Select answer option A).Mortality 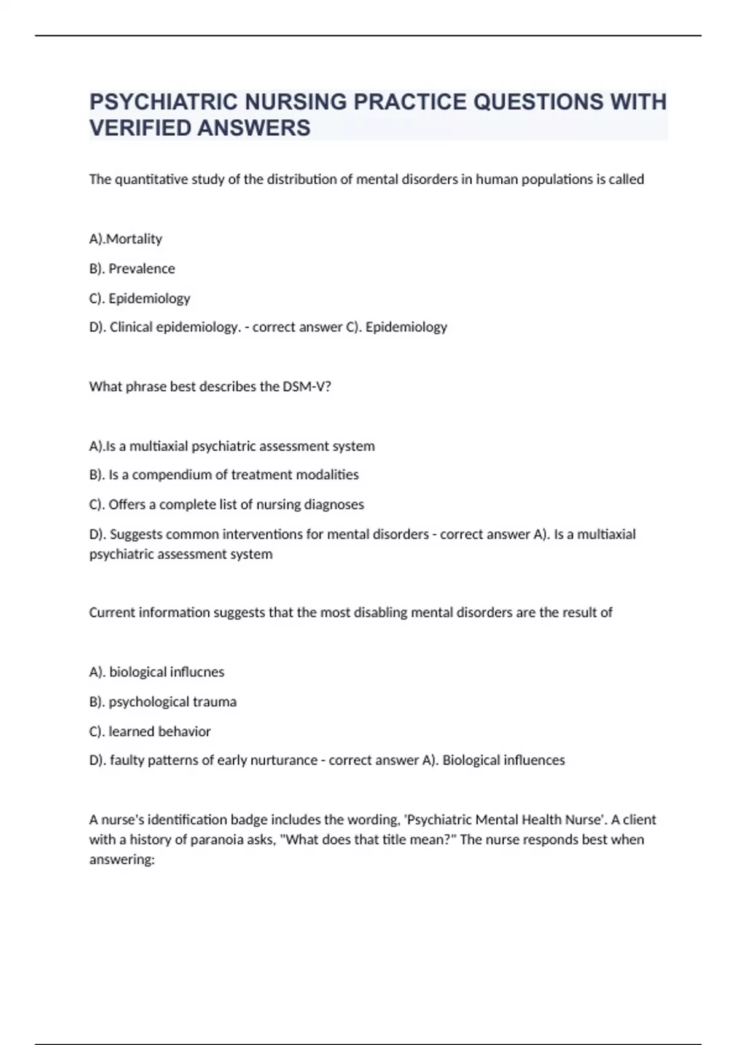tap(126, 239)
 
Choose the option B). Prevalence tap(132, 269)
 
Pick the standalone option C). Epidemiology tap(139, 298)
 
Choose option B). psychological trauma tap(163, 702)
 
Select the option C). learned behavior tap(150, 731)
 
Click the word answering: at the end tap(122, 859)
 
